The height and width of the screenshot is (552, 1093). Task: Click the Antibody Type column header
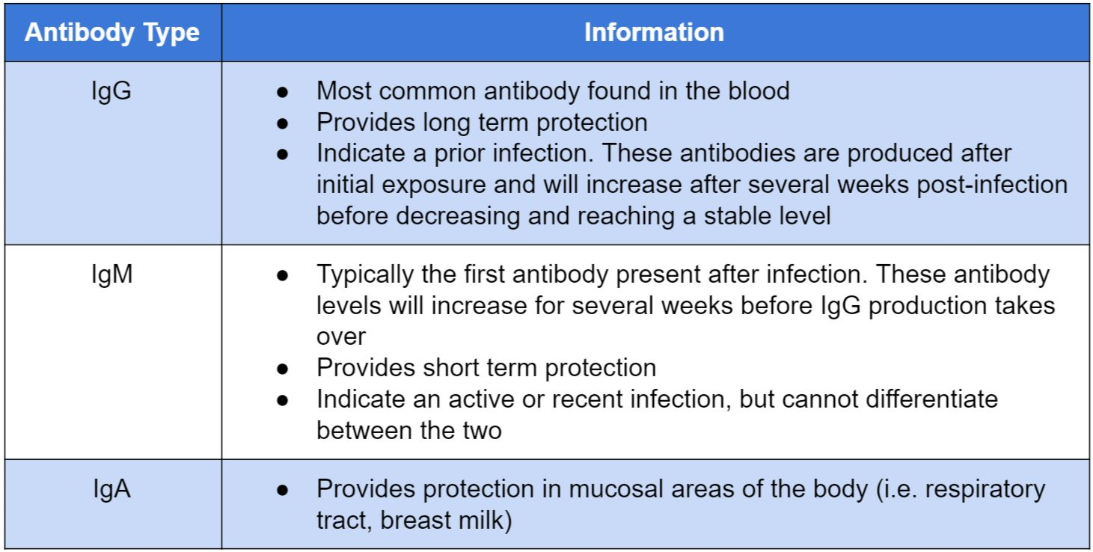point(111,33)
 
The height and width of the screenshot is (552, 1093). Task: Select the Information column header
point(654,32)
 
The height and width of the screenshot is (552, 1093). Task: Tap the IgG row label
point(111,91)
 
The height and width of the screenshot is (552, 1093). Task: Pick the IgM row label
point(111,274)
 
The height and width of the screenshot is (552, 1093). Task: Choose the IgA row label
point(111,488)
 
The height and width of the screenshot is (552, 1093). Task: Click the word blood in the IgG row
point(759,91)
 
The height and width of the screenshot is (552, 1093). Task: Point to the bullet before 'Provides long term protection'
point(282,123)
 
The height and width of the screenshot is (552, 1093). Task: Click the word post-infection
point(992,185)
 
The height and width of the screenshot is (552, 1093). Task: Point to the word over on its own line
point(340,337)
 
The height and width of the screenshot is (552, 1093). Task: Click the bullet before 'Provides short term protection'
point(282,369)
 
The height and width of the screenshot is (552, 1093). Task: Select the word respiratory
point(985,489)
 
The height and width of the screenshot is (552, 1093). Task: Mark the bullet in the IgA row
point(282,490)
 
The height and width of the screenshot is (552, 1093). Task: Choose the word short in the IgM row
point(451,367)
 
